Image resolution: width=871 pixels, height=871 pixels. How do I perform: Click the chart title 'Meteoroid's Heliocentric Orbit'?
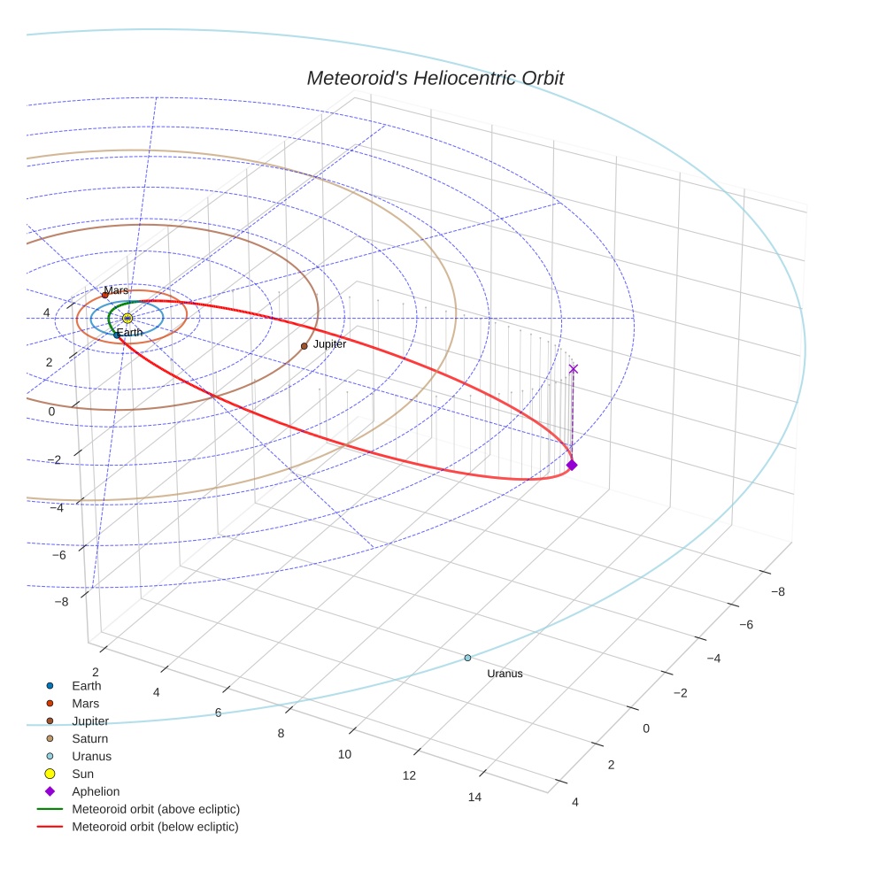[x=435, y=78]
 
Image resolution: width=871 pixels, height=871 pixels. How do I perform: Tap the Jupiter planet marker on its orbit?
[x=304, y=346]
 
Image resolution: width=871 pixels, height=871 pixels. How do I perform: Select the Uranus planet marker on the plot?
[x=467, y=658]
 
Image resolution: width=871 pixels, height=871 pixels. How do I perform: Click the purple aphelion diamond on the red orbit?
[x=572, y=465]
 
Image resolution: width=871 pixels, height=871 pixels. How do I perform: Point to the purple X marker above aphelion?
[x=573, y=368]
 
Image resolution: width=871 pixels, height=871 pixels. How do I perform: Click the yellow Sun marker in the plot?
[x=127, y=318]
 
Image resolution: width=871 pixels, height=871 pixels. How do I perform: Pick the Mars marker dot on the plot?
[x=104, y=295]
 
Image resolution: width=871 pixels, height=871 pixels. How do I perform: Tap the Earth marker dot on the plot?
[x=117, y=335]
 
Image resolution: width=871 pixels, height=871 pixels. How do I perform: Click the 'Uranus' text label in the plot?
[x=505, y=674]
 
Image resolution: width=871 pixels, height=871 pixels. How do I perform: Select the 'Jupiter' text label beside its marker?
[x=329, y=343]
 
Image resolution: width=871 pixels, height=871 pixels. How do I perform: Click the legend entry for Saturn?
[x=89, y=738]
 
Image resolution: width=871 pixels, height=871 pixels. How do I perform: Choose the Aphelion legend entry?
[x=96, y=791]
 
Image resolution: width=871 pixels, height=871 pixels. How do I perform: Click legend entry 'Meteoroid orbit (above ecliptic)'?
[x=155, y=809]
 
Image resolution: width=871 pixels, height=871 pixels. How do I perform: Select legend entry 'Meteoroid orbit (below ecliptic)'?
[x=155, y=827]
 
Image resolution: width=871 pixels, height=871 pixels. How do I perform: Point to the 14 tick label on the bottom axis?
[x=474, y=798]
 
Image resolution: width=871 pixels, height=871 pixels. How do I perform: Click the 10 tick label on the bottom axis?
[x=344, y=754]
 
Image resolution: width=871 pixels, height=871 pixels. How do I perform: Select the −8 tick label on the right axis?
[x=777, y=591]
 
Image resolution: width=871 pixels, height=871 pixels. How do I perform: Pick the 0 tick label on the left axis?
[x=52, y=412]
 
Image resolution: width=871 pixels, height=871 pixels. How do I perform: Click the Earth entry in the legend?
[x=86, y=685]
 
